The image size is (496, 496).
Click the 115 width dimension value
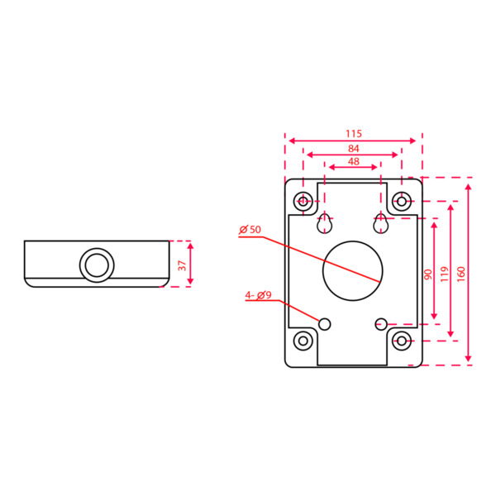(354, 133)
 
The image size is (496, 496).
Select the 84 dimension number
(354, 148)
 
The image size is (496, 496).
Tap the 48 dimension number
(354, 162)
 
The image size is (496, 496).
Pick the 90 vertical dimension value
(427, 274)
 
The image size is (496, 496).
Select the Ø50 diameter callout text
(250, 229)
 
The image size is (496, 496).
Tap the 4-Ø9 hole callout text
(258, 295)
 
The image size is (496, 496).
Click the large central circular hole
(353, 270)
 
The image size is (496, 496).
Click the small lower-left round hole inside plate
(325, 323)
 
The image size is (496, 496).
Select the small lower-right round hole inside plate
(381, 322)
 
